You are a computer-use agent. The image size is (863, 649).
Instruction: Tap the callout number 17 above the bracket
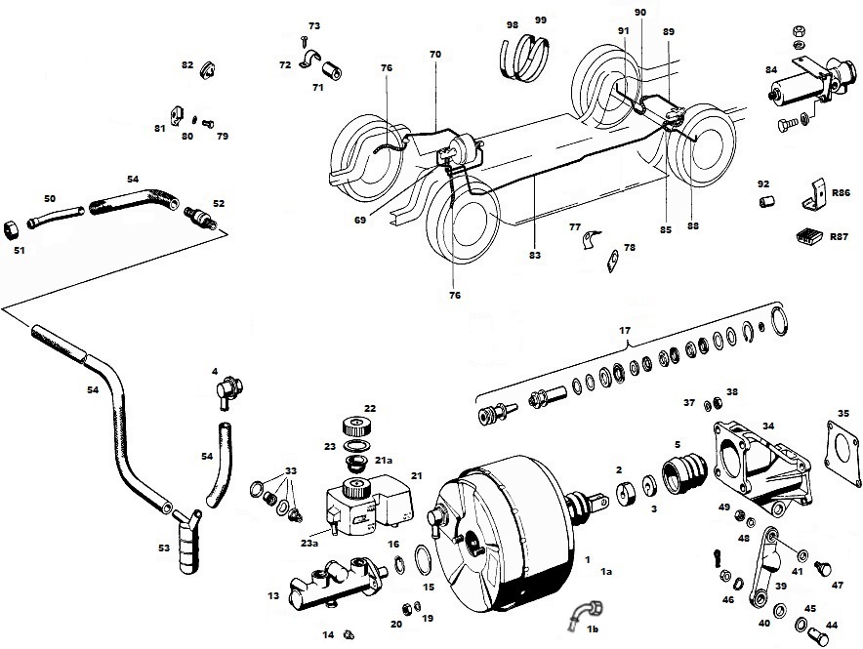pyautogui.click(x=626, y=331)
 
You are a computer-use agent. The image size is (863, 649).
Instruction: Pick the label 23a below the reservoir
pyautogui.click(x=310, y=543)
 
